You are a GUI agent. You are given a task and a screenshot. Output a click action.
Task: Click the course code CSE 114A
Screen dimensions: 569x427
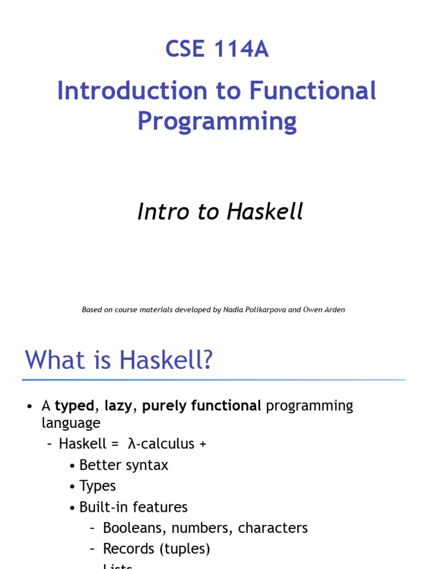tap(217, 49)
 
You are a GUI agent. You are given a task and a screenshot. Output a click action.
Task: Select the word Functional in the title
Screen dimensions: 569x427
tap(312, 91)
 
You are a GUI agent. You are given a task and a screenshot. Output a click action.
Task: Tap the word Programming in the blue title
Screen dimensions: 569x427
tap(217, 121)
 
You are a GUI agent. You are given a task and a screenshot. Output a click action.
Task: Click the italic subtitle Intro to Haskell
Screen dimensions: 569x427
tap(220, 212)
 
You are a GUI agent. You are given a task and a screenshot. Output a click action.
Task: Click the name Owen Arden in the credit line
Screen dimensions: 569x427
tap(324, 310)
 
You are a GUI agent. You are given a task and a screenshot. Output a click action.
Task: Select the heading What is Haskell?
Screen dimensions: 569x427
tap(119, 360)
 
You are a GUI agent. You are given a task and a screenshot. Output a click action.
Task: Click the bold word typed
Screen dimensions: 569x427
tap(75, 406)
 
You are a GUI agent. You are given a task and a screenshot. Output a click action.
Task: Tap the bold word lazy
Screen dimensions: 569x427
tap(118, 406)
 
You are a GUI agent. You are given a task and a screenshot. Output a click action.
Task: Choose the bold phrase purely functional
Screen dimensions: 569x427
tap(202, 406)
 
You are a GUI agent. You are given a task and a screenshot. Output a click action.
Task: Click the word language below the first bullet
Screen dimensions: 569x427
tap(71, 423)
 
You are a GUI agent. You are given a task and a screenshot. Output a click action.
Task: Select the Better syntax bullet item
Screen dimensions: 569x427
tap(123, 465)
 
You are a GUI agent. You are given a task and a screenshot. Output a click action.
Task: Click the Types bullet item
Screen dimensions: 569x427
tap(97, 486)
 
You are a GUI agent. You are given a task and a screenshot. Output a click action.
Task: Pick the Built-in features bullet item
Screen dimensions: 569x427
tap(133, 507)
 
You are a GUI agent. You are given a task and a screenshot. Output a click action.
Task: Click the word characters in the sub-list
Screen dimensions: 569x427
tap(272, 528)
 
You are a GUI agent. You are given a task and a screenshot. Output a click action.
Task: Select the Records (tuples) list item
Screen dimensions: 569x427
tap(156, 549)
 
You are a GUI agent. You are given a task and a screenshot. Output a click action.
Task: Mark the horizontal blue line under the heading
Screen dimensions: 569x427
tap(213, 380)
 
